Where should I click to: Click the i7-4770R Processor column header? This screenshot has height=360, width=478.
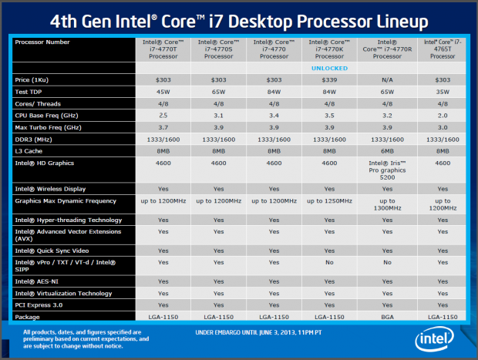coord(382,49)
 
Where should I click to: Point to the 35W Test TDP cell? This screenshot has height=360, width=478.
coord(441,92)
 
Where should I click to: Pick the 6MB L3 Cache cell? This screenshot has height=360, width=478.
coord(382,151)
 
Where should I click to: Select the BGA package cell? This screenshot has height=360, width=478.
coord(382,316)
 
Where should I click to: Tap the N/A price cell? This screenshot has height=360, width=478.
coord(382,79)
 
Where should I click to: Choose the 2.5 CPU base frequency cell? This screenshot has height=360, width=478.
coord(163,114)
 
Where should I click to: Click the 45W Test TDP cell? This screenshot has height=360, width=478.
coord(163,92)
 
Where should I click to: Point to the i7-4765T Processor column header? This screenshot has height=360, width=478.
coord(441,49)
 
